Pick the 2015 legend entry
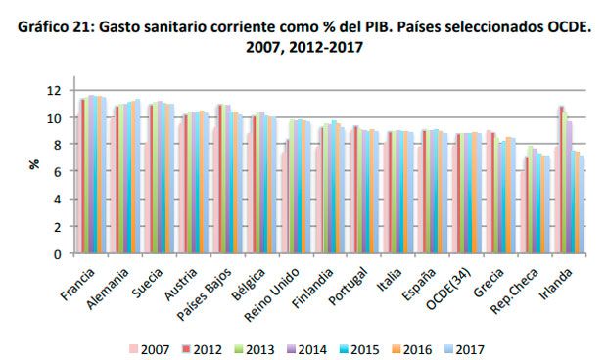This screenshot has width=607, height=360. [x=354, y=347]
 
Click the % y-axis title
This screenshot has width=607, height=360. [x=33, y=165]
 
